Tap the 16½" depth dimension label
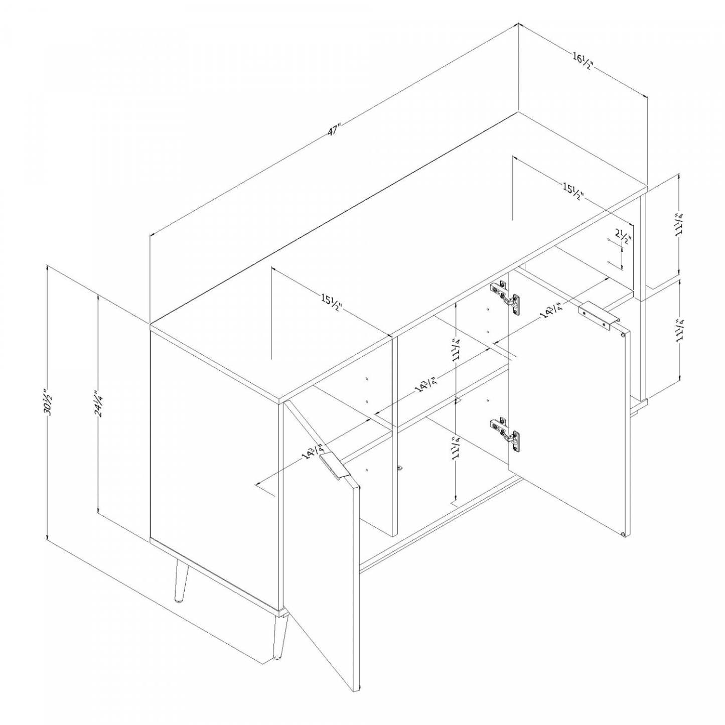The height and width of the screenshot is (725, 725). coord(583,60)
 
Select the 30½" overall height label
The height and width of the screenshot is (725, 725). coord(48,402)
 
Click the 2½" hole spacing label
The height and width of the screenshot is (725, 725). coord(623,236)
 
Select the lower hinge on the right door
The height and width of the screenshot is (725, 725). coord(506,432)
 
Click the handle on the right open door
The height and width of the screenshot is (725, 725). coord(598,316)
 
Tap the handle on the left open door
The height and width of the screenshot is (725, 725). coord(335,467)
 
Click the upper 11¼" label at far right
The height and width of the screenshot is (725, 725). coord(679,224)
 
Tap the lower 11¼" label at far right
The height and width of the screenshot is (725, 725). coord(679,330)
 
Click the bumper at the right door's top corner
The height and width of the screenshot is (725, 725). coord(623,333)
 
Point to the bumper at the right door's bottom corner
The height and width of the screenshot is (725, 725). coord(623,534)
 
